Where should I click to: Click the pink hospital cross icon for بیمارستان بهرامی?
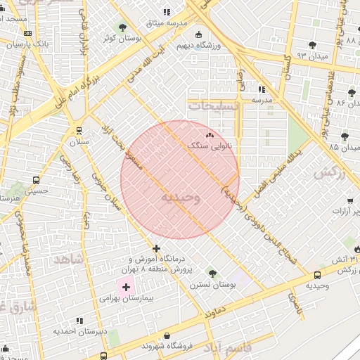[127, 287]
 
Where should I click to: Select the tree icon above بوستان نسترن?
[212, 274]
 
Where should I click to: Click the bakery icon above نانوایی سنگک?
[209, 135]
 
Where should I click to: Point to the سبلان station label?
[79, 142]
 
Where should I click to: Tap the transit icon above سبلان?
[78, 130]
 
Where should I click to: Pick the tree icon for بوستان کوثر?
[124, 27]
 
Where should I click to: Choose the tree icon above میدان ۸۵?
[344, 136]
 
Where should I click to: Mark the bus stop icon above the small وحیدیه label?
[318, 275]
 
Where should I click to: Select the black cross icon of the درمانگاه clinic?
[156, 247]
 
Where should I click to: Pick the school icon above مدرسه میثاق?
[167, 12]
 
